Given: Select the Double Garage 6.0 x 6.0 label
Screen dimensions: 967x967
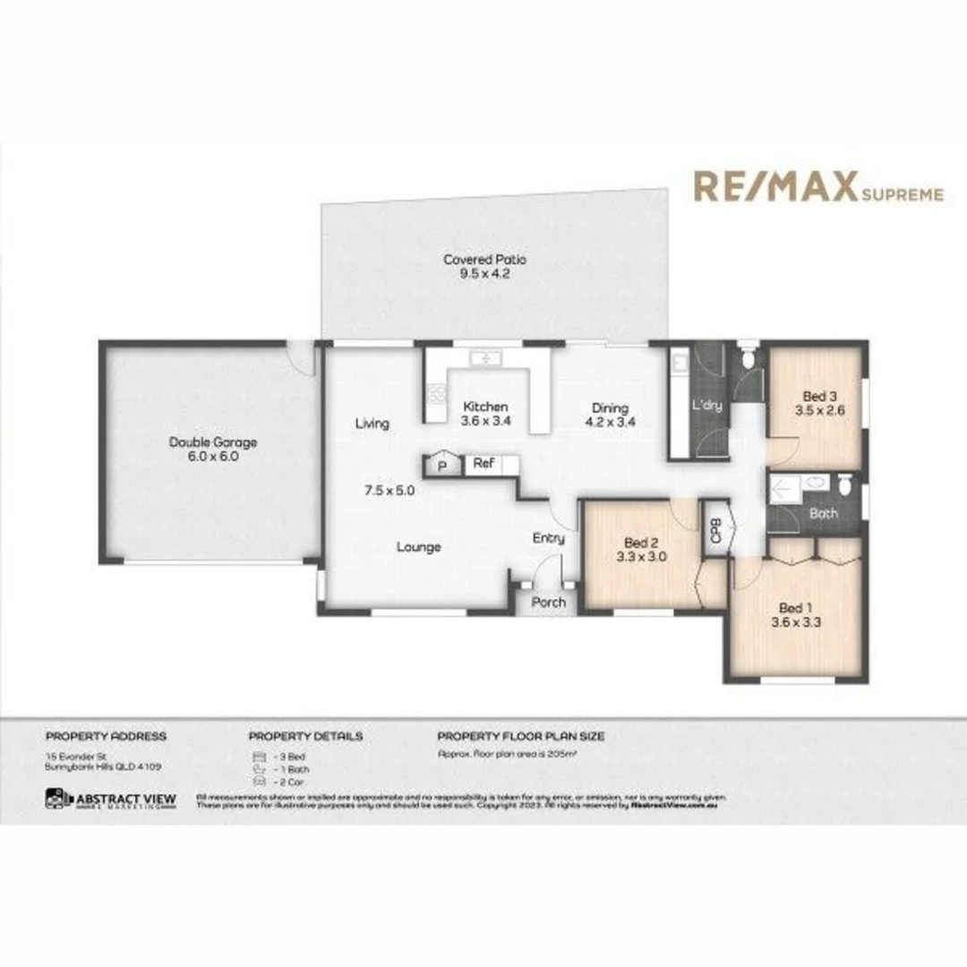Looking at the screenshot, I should coord(212,449).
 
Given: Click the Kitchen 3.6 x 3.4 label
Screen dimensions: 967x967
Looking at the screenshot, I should coord(484,413).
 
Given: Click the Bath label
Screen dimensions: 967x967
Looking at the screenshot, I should coord(823,514).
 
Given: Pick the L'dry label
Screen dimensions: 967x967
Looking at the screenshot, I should coord(706,406).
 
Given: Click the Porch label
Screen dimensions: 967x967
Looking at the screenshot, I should coord(549,602).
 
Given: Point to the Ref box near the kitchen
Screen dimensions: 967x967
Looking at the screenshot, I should coord(483,464).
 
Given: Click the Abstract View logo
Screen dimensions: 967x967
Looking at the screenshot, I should coord(111,799).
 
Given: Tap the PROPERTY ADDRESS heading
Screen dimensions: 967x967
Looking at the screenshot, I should coord(106,736).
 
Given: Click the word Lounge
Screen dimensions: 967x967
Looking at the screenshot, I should coord(418,546).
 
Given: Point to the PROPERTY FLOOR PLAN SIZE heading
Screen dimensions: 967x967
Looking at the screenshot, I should coord(520,736).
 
